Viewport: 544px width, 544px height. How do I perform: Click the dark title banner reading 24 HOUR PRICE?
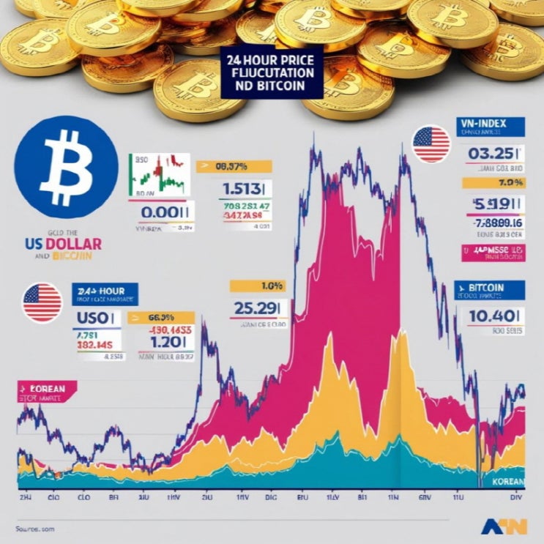[271, 69]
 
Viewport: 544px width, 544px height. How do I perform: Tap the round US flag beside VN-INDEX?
[431, 144]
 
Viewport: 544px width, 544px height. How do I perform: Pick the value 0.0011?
[166, 212]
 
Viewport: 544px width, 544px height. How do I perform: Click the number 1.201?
[165, 342]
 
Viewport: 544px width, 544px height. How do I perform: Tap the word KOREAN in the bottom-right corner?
[507, 482]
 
